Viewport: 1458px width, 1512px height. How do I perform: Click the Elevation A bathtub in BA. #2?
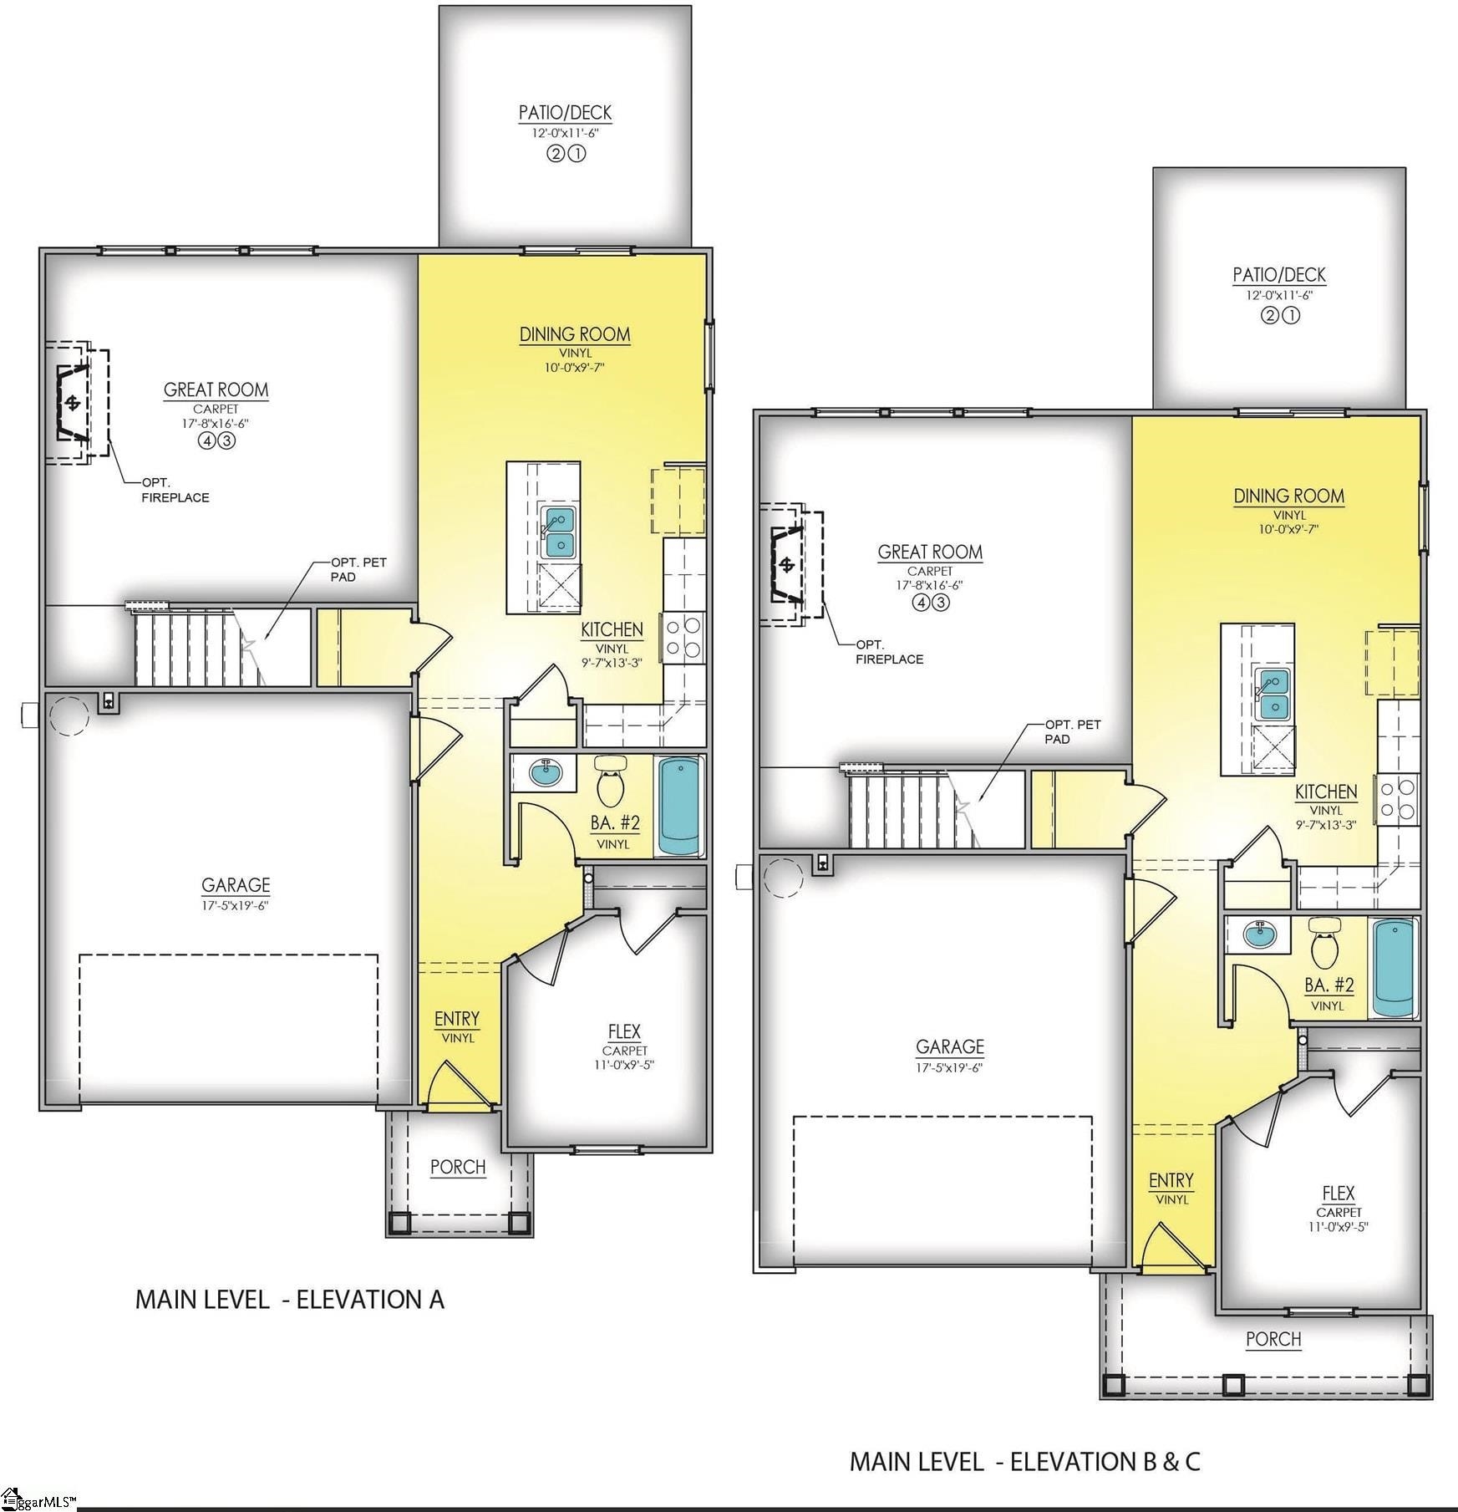click(x=679, y=806)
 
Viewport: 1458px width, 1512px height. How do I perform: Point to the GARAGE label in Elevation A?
click(x=236, y=884)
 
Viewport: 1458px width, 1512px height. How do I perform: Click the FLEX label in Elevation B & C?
click(x=1339, y=1193)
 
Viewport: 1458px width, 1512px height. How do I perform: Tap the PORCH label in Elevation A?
click(x=458, y=1167)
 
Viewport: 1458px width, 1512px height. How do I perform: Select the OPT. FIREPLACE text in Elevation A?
click(x=175, y=490)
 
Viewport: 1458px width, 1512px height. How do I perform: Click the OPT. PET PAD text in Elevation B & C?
click(x=1073, y=731)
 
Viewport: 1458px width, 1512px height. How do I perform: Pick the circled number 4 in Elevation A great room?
click(x=206, y=441)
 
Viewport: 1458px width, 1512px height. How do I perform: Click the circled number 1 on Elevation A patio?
click(x=577, y=153)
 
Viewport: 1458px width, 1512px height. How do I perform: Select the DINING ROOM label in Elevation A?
click(x=575, y=334)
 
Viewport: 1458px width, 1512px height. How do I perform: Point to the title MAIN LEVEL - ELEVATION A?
click(x=290, y=1299)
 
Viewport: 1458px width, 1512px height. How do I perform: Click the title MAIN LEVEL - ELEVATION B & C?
click(x=1025, y=1461)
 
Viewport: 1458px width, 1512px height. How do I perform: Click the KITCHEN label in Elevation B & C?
click(x=1326, y=792)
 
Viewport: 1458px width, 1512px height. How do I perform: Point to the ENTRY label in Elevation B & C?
click(x=1171, y=1180)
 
